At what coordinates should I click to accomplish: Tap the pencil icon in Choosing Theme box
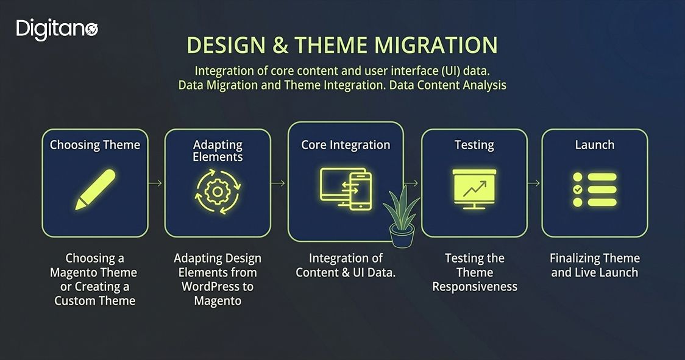pyautogui.click(x=95, y=189)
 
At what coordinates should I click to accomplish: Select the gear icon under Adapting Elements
pyautogui.click(x=218, y=192)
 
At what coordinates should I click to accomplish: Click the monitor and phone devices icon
pyautogui.click(x=346, y=189)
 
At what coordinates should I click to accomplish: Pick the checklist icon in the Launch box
pyautogui.click(x=595, y=189)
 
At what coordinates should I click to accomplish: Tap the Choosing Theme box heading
pyautogui.click(x=95, y=145)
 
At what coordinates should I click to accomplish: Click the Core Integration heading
pyautogui.click(x=346, y=145)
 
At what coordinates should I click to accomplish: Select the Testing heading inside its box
pyautogui.click(x=474, y=145)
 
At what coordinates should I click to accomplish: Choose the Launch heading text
pyautogui.click(x=595, y=145)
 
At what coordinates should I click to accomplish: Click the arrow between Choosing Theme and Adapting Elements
pyautogui.click(x=156, y=183)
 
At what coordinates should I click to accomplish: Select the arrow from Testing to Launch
pyautogui.click(x=534, y=183)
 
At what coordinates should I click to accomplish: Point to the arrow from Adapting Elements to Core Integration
pyautogui.click(x=279, y=183)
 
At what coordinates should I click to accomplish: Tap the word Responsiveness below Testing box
pyautogui.click(x=475, y=286)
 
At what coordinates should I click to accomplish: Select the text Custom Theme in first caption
pyautogui.click(x=95, y=300)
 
